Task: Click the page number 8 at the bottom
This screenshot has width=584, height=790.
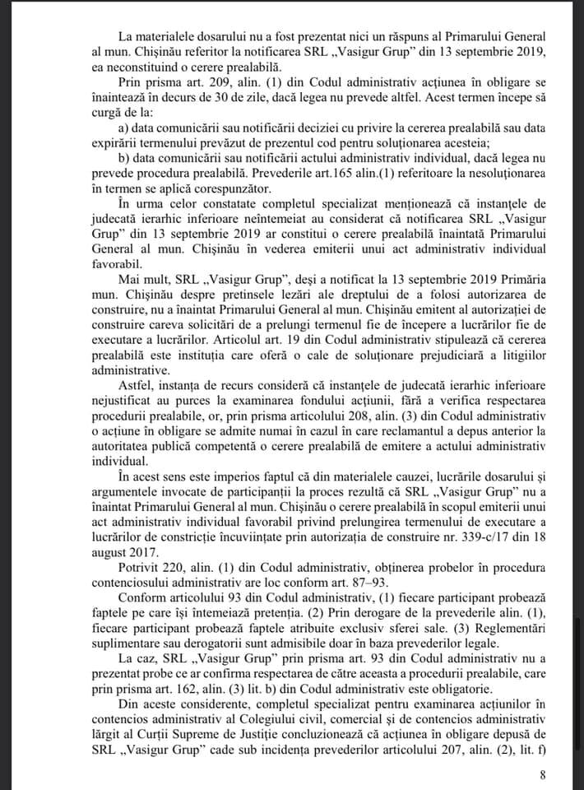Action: [x=541, y=774]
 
